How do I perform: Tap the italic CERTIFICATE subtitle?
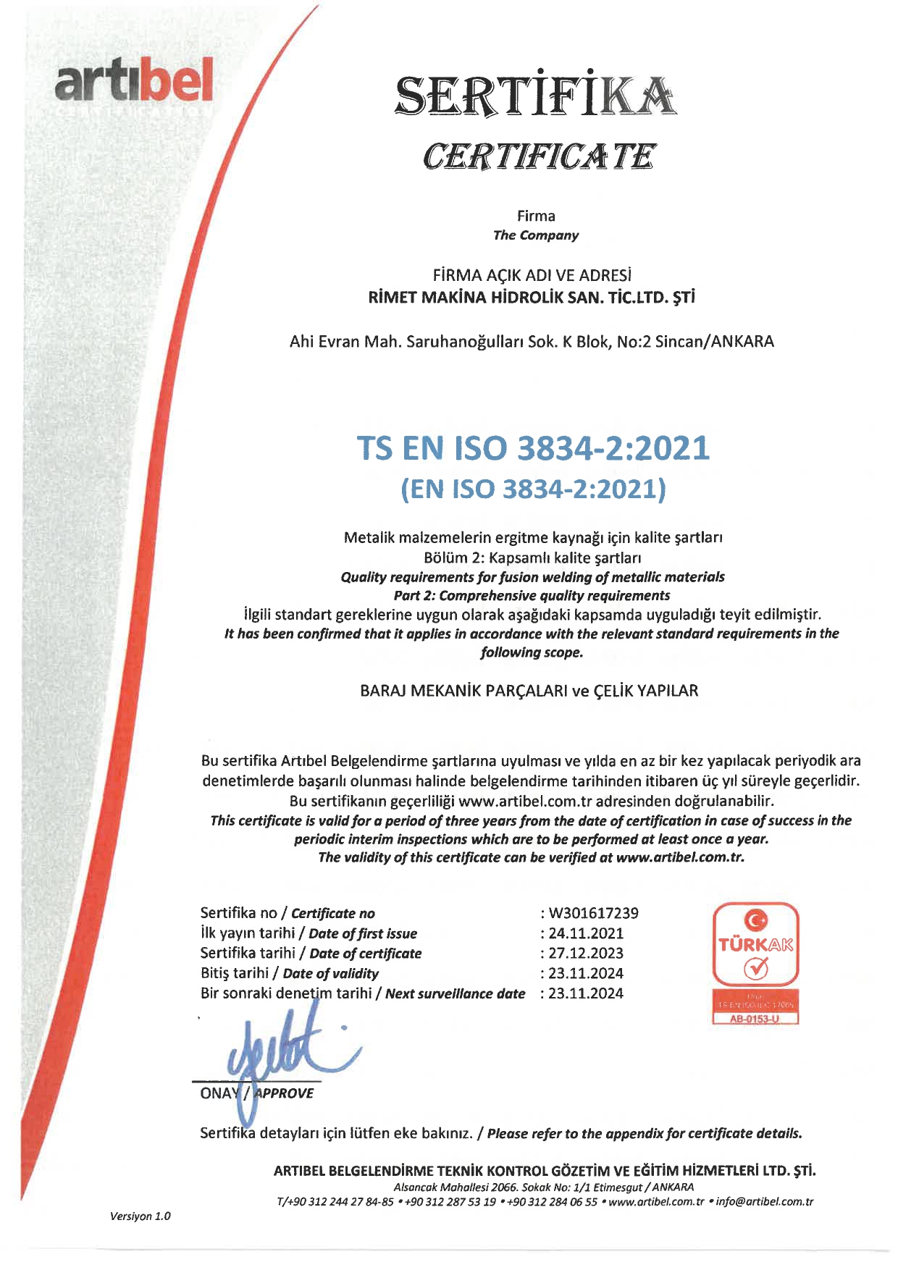[x=540, y=156]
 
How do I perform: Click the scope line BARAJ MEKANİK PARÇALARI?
[x=529, y=691]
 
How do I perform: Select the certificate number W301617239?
[x=594, y=913]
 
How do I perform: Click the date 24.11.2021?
[x=586, y=933]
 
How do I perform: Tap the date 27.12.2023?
[x=586, y=954]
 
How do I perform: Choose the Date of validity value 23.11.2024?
[x=586, y=973]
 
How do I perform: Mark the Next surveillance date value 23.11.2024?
[x=586, y=993]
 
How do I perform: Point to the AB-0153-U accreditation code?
[x=756, y=1019]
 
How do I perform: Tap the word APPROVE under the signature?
[x=284, y=1093]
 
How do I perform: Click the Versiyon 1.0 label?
[x=140, y=1216]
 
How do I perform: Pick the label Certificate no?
[x=333, y=914]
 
